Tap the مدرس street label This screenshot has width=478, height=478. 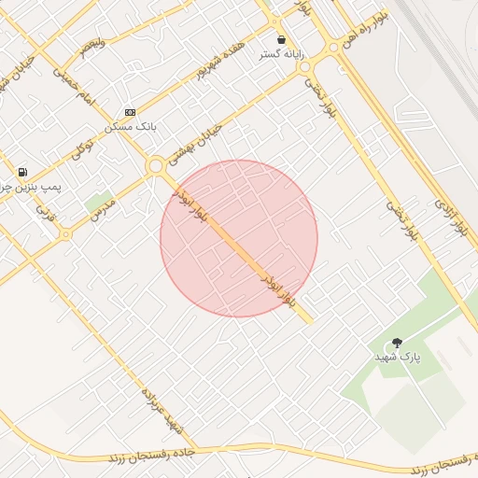[103, 209]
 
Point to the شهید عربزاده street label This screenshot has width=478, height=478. [160, 411]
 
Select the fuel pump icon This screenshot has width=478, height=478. [21, 173]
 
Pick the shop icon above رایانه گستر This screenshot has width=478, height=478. [281, 40]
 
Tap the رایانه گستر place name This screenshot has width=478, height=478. [281, 54]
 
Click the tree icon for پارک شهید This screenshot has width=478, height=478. [397, 343]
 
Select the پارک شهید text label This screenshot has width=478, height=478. [398, 358]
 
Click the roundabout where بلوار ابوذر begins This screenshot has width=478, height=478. [155, 165]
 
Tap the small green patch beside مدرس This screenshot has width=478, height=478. [96, 201]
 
